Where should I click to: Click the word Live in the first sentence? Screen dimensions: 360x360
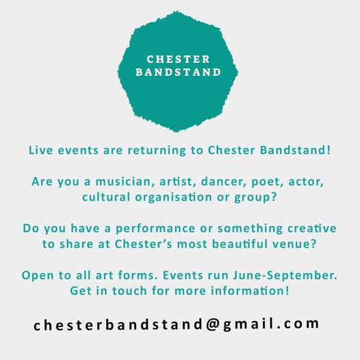coord(40,149)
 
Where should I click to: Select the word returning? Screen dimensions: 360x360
coord(153,149)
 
